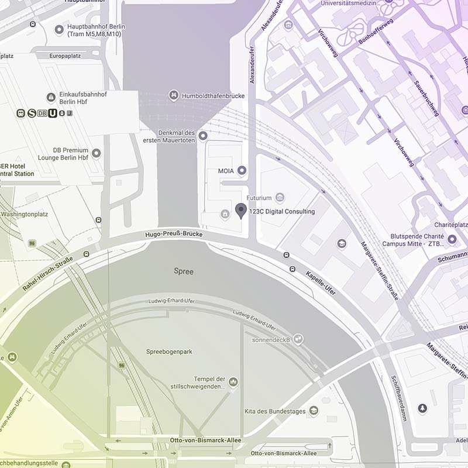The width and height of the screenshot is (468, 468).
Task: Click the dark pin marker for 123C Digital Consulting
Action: (240, 211)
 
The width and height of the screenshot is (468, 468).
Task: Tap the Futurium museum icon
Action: (280, 198)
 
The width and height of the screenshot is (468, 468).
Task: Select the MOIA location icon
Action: (242, 170)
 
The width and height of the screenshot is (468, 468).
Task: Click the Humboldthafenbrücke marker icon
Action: (173, 95)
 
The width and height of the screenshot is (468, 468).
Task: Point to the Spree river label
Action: (184, 271)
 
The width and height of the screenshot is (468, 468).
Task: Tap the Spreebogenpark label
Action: (169, 352)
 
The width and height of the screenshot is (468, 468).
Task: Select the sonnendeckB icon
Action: (298, 339)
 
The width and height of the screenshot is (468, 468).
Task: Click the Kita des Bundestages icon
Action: (314, 411)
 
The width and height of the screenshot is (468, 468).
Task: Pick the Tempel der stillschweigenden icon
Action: (233, 382)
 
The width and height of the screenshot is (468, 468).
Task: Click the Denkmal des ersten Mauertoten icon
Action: (203, 136)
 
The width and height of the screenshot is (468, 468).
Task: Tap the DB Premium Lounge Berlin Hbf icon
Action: (96, 153)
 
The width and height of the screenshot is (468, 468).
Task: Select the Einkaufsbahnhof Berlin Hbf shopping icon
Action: (51, 97)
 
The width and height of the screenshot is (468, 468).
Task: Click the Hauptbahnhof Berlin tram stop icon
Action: (58, 30)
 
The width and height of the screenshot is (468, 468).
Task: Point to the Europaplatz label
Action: (64, 56)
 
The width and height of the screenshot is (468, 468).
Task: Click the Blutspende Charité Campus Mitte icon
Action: (452, 239)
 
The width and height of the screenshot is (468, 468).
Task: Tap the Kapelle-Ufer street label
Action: (321, 283)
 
